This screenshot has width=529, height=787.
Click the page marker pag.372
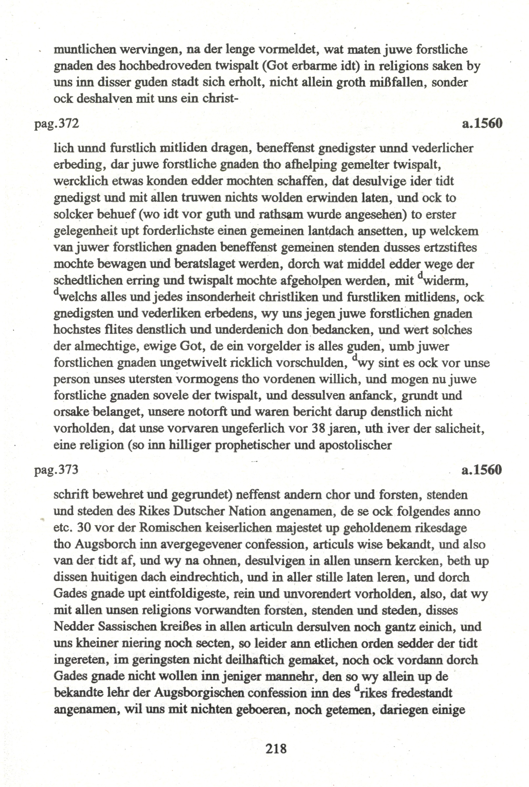tap(57, 124)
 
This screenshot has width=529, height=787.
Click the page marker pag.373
tap(57, 470)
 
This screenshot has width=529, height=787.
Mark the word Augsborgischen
tap(203, 693)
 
